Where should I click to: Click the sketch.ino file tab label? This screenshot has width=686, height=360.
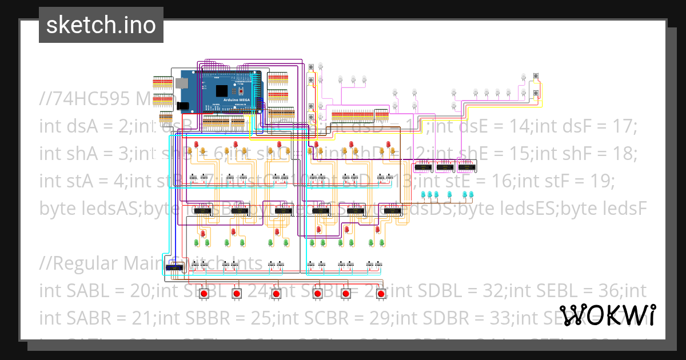pyautogui.click(x=101, y=25)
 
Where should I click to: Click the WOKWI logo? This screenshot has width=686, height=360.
pyautogui.click(x=607, y=315)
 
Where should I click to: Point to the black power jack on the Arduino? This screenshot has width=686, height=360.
pyautogui.click(x=184, y=106)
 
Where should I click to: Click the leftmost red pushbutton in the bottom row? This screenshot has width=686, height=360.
pyautogui.click(x=204, y=294)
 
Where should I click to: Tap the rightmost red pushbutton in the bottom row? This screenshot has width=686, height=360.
pyautogui.click(x=381, y=294)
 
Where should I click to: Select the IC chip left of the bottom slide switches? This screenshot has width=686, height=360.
pyautogui.click(x=173, y=267)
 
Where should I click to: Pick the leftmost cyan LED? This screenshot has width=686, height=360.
pyautogui.click(x=424, y=195)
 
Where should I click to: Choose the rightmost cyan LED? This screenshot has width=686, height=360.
pyautogui.click(x=472, y=195)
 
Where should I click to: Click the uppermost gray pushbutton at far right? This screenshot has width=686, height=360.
pyautogui.click(x=536, y=77)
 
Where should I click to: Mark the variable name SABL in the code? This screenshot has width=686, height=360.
pyautogui.click(x=81, y=291)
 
